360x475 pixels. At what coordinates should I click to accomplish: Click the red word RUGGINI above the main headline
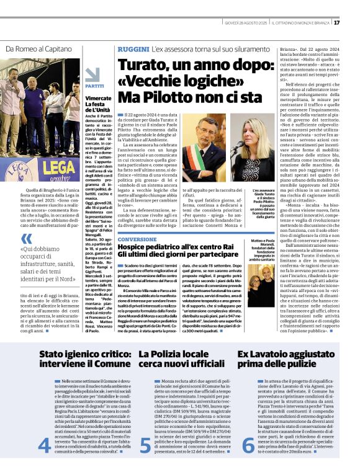click(x=132, y=48)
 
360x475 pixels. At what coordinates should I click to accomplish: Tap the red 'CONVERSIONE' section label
click(x=137, y=239)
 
